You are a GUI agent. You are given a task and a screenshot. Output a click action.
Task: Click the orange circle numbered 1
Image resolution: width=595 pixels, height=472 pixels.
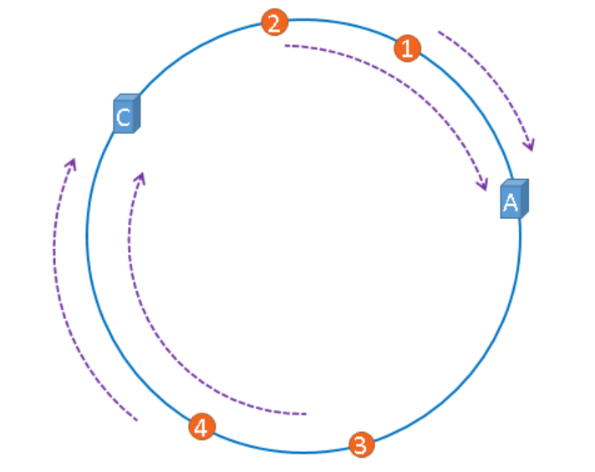pyautogui.click(x=407, y=48)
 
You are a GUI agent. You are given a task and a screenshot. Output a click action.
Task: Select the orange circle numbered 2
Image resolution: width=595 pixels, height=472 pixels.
pyautogui.click(x=274, y=23)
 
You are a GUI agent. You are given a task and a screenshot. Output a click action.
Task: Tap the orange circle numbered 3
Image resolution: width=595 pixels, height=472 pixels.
pyautogui.click(x=360, y=444)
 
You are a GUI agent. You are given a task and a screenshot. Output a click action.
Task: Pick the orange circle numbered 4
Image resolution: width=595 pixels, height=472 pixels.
pyautogui.click(x=200, y=427)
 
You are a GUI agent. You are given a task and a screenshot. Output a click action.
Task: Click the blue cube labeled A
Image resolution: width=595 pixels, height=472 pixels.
pyautogui.click(x=513, y=200)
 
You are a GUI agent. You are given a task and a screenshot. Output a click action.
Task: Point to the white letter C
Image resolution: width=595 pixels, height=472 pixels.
pyautogui.click(x=123, y=118)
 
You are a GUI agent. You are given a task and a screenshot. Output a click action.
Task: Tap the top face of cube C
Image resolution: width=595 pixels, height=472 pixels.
pyautogui.click(x=128, y=98)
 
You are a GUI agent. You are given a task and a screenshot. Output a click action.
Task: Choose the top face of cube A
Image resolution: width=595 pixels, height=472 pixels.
pyautogui.click(x=516, y=183)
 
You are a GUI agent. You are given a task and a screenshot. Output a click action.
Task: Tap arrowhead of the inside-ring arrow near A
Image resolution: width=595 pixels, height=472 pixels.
pyautogui.click(x=483, y=186)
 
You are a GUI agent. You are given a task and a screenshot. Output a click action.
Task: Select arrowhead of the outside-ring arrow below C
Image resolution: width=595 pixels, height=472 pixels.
pyautogui.click(x=73, y=161)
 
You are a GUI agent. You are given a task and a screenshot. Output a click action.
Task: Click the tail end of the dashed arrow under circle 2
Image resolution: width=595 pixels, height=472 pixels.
pyautogui.click(x=285, y=46)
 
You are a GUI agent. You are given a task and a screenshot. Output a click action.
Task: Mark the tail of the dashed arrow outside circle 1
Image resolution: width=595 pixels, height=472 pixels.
pyautogui.click(x=439, y=33)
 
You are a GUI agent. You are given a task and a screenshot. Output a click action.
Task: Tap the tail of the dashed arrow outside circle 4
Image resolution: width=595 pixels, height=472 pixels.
pyautogui.click(x=136, y=419)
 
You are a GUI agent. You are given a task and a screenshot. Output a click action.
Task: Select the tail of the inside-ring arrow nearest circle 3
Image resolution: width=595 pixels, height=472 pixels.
pyautogui.click(x=306, y=414)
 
